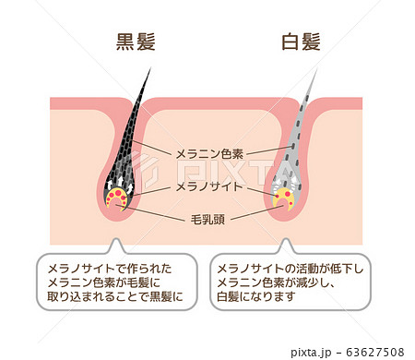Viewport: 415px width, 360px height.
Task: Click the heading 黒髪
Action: (134, 42)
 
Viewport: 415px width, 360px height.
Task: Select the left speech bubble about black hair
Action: (114, 282)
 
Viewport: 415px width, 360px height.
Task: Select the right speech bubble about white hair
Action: (290, 282)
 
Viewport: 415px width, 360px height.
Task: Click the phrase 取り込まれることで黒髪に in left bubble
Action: (114, 298)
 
